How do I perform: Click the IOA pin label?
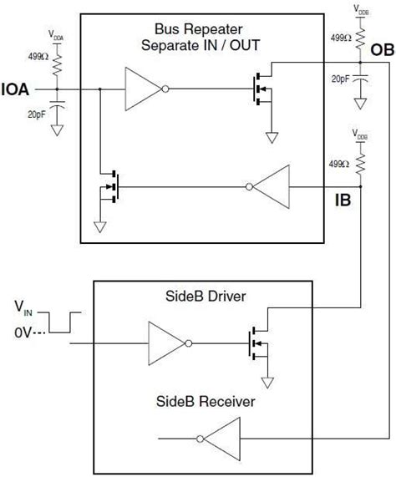click(x=18, y=87)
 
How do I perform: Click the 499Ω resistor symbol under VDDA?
click(x=57, y=63)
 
